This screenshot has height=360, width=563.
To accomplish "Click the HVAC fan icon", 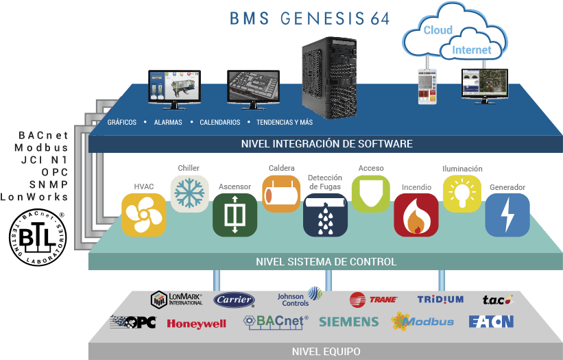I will point(144,215).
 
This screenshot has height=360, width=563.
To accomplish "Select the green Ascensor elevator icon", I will point(235,215).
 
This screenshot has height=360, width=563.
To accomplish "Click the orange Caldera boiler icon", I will point(281,194).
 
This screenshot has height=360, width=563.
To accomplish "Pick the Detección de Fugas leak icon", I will point(326,215).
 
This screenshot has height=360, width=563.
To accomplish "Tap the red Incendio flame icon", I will point(416,215).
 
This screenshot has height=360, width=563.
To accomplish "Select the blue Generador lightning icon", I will point(507,215).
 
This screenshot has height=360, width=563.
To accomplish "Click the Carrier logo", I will point(234,300).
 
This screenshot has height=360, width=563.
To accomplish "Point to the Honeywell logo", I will point(196,324).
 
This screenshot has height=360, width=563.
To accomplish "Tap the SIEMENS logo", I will point(348,322).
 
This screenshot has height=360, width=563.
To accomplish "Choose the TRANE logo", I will point(373,299).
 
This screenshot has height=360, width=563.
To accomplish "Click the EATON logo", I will point(491,322).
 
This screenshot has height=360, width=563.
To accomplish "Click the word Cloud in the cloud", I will point(438,30).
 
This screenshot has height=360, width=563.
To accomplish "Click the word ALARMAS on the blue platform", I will point(168,123).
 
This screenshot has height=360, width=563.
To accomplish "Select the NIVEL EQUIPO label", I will point(326,352).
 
